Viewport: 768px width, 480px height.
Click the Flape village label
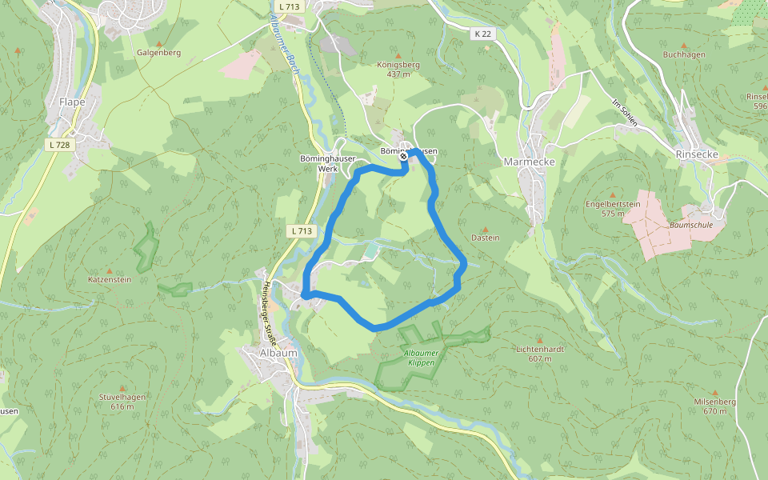pos(72,102)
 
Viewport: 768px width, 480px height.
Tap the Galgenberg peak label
pos(158,53)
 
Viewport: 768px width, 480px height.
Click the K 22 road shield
pos(482,34)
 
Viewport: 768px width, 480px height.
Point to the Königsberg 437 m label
pos(398,69)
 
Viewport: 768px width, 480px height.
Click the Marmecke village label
pos(529,161)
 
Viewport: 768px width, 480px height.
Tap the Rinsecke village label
pos(698,154)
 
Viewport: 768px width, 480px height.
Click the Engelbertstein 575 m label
pos(613,208)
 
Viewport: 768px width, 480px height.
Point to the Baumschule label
pos(690,226)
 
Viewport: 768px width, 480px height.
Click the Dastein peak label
pos(486,238)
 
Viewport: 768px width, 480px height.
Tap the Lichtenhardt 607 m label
pos(540,354)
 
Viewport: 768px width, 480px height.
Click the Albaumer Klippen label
pos(420,358)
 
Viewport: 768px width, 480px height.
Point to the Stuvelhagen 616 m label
pos(123,401)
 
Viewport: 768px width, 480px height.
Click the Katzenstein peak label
pos(110,280)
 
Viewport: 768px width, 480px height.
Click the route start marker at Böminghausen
pos(403,157)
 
